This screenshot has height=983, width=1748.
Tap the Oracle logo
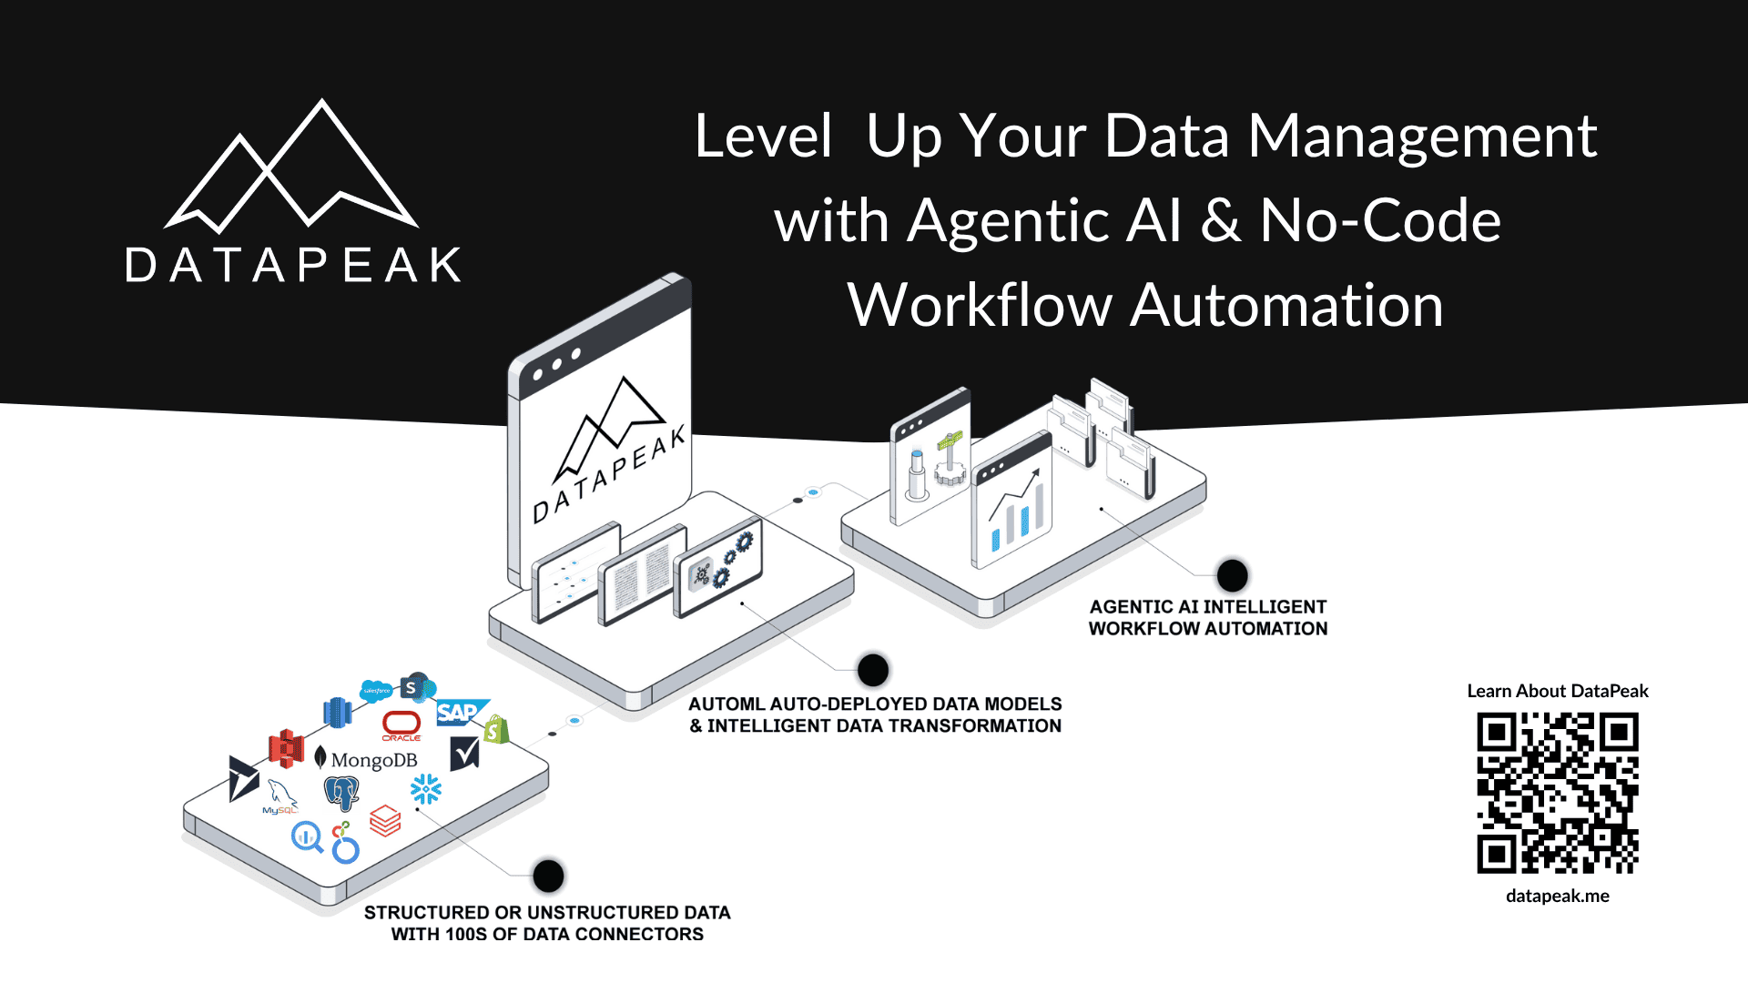(x=401, y=725)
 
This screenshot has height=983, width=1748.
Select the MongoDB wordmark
(x=373, y=760)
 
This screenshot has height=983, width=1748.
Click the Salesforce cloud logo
(x=376, y=691)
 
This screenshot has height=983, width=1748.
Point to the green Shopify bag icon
(x=495, y=729)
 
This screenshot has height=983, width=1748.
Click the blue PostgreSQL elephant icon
(x=341, y=793)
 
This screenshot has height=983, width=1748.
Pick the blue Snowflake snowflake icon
(x=425, y=789)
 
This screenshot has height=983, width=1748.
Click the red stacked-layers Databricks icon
(x=385, y=821)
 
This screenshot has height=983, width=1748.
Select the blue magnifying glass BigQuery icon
(x=307, y=836)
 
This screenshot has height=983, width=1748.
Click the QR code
(x=1557, y=793)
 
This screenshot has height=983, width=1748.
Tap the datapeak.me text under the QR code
(x=1557, y=896)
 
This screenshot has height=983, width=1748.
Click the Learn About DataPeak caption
(x=1557, y=691)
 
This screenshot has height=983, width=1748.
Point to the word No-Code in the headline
(x=1379, y=220)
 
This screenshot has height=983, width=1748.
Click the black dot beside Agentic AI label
(x=1232, y=575)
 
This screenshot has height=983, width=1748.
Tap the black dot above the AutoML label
(x=872, y=671)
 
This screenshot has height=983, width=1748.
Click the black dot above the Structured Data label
(x=548, y=876)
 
